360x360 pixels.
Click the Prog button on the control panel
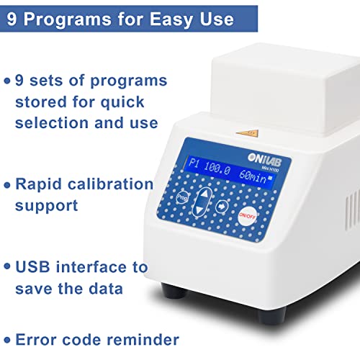tap(182, 197)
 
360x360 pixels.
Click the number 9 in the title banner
tap(14, 19)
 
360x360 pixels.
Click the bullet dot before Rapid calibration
tap(8, 184)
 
